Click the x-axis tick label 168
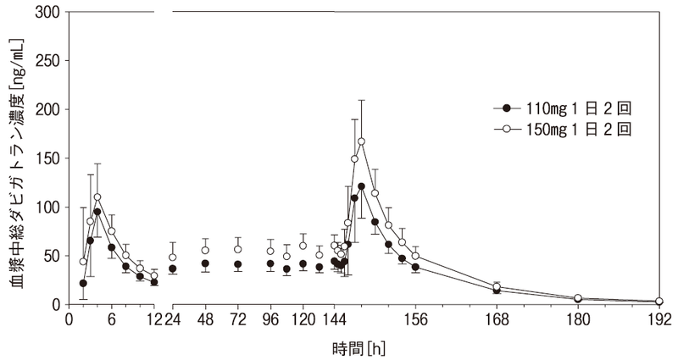[497, 322]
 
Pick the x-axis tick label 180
[578, 322]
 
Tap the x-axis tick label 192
[659, 322]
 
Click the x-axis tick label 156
[415, 322]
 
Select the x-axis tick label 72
[238, 322]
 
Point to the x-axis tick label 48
[205, 322]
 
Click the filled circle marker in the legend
[507, 108]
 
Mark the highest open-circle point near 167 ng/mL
[361, 141]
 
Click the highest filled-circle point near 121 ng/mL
[361, 186]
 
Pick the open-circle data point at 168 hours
[497, 287]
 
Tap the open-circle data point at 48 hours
[205, 251]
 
